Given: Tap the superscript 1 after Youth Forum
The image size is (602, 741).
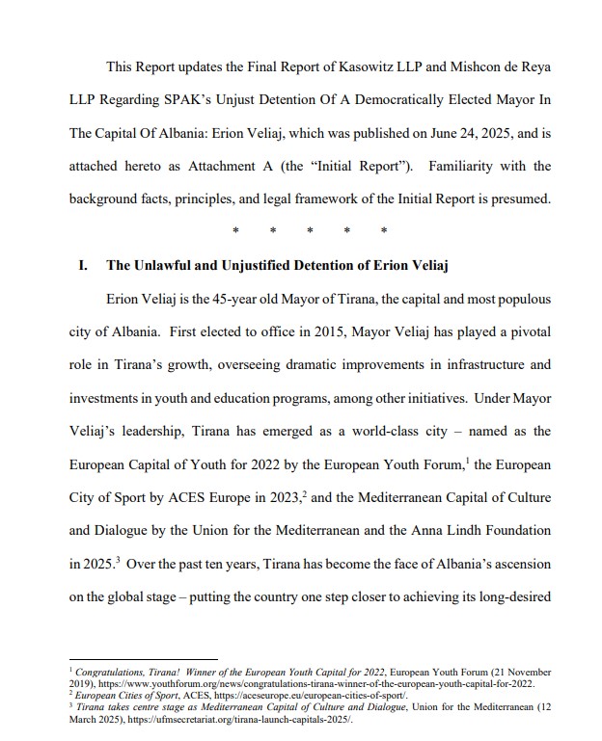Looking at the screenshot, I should pos(467,461).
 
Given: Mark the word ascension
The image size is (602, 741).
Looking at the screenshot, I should pos(519,564).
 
